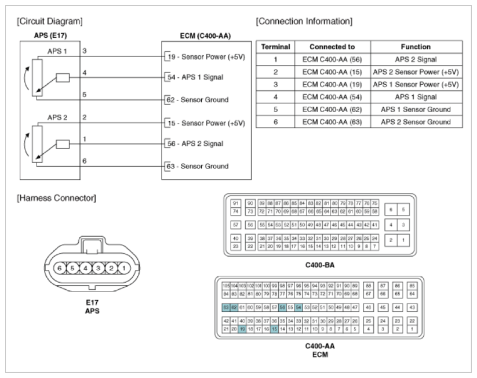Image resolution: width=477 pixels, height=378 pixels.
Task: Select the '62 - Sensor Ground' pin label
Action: click(197, 99)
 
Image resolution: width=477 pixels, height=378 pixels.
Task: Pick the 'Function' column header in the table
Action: click(416, 46)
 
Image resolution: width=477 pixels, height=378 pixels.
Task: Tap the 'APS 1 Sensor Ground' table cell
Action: click(416, 110)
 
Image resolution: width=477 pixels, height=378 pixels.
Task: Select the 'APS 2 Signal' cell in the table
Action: click(416, 59)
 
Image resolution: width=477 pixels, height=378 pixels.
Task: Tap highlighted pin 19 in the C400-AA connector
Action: click(242, 329)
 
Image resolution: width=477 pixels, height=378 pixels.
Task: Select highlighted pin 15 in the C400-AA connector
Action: click(274, 329)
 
